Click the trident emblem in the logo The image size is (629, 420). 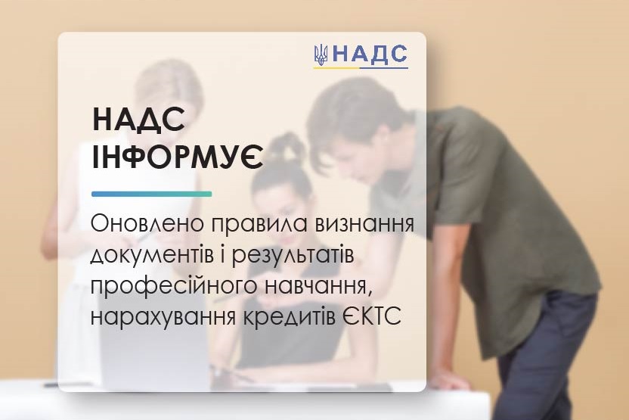click(321, 54)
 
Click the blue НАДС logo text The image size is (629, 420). click(370, 54)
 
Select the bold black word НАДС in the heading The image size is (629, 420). click(139, 120)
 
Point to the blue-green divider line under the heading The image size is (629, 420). click(152, 194)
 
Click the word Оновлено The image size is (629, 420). click(147, 223)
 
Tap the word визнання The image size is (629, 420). click(364, 223)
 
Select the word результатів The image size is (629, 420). click(293, 257)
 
